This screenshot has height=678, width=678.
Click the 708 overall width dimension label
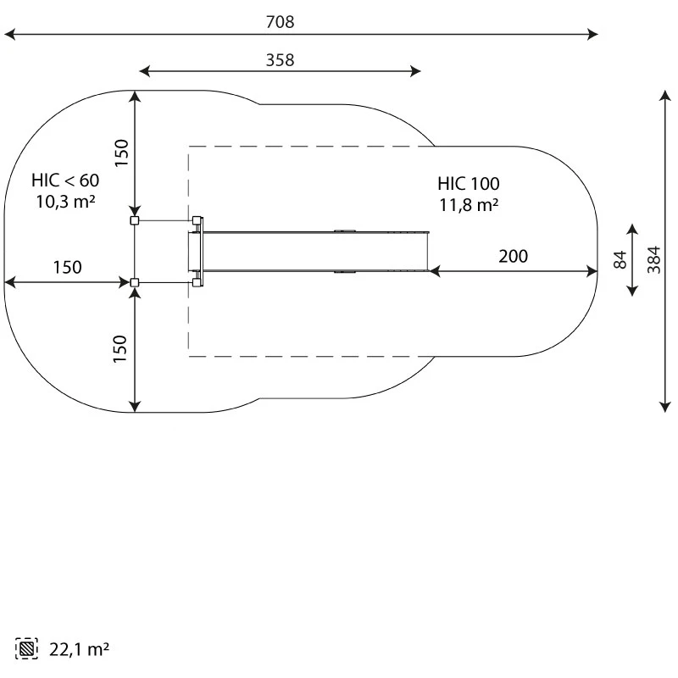[x=281, y=22]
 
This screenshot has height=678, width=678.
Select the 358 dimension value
[x=281, y=60]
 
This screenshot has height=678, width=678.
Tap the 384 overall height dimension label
[x=653, y=260]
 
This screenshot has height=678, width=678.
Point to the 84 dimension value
[x=620, y=260]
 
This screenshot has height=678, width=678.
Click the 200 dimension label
[x=514, y=257]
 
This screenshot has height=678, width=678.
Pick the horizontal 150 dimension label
[x=68, y=267]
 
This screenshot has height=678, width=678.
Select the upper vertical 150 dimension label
[x=121, y=153]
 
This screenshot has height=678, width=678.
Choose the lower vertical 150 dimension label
[x=120, y=349]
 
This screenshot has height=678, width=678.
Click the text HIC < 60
[x=65, y=181]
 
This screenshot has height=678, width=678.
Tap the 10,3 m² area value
[x=65, y=202]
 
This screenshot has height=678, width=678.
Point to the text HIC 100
[x=469, y=184]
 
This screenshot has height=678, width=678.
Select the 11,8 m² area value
[x=469, y=205]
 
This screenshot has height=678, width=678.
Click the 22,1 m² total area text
[x=79, y=649]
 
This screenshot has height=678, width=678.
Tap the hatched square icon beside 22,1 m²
[x=26, y=648]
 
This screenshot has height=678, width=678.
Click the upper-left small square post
[x=135, y=220]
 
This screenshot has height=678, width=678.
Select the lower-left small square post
[x=135, y=283]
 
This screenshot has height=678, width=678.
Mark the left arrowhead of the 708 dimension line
[x=9, y=34]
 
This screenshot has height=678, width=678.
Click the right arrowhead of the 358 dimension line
[x=415, y=71]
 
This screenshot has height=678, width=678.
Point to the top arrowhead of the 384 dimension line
[x=665, y=96]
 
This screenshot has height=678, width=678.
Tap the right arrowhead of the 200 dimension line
[x=592, y=271]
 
